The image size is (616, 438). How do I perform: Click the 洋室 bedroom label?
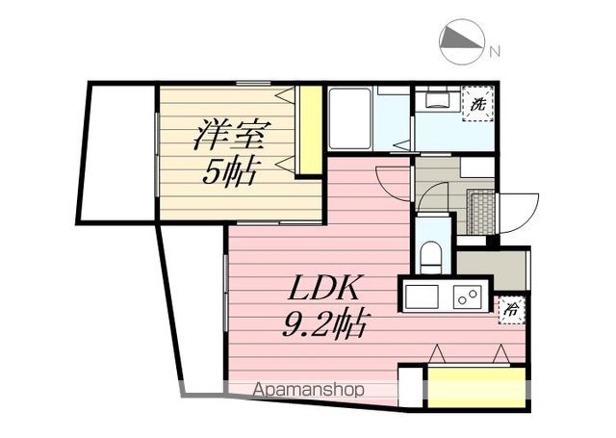[233, 135]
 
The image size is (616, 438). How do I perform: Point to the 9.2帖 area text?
[324, 323]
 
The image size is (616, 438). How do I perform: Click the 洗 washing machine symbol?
[477, 104]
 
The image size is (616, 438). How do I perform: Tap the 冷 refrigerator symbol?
[511, 310]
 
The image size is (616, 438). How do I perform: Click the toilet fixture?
[432, 256]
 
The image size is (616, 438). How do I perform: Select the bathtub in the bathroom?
[349, 118]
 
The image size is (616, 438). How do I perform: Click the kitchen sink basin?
[422, 297]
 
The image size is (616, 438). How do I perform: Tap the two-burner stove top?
[468, 297]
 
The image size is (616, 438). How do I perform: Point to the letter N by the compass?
[495, 51]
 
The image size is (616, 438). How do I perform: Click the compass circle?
[461, 41]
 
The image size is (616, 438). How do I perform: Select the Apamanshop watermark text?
[308, 390]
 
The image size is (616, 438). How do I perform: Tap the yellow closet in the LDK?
[476, 388]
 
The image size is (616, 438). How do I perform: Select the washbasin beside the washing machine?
[437, 98]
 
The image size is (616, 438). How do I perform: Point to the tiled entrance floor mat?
[481, 212]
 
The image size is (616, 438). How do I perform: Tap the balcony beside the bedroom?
[118, 152]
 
